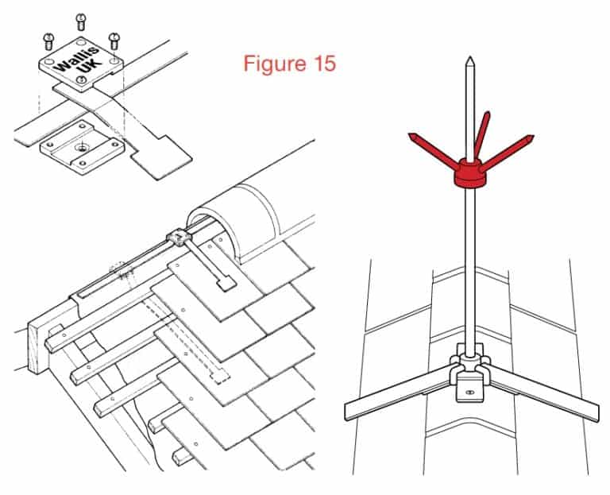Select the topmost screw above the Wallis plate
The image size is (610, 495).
click(80, 19)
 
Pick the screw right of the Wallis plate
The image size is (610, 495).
click(114, 37)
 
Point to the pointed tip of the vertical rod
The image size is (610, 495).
click(469, 61)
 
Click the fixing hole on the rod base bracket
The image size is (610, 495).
click(469, 392)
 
